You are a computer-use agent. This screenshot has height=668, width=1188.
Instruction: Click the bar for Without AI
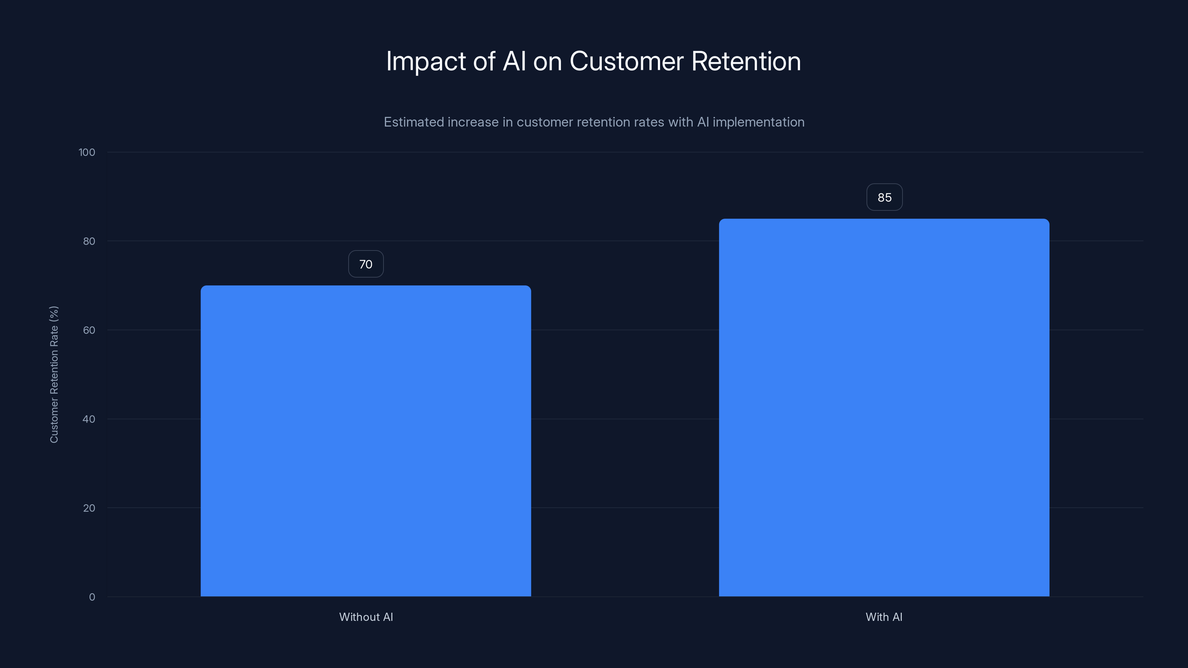[366, 441]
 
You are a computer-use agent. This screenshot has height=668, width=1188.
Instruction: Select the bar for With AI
[884, 407]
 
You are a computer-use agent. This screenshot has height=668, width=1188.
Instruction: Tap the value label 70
[366, 264]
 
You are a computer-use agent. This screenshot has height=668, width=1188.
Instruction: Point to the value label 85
[884, 197]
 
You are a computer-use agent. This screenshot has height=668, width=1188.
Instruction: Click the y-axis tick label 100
[87, 153]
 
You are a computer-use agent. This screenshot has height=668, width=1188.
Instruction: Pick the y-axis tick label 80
[89, 242]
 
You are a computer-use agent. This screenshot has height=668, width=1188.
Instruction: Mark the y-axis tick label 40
[89, 419]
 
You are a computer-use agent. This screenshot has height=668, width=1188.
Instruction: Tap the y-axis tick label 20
[89, 508]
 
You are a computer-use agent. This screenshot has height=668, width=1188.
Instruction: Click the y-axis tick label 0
[92, 597]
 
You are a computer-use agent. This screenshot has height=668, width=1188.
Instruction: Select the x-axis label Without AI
[366, 617]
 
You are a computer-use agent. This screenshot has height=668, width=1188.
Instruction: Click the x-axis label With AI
[884, 617]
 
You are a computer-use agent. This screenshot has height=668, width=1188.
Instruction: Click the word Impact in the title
[426, 62]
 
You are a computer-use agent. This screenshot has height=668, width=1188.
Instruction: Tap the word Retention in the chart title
[746, 62]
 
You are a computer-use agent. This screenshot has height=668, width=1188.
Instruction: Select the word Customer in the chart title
[626, 62]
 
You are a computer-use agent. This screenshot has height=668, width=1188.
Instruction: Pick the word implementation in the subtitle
[758, 122]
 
